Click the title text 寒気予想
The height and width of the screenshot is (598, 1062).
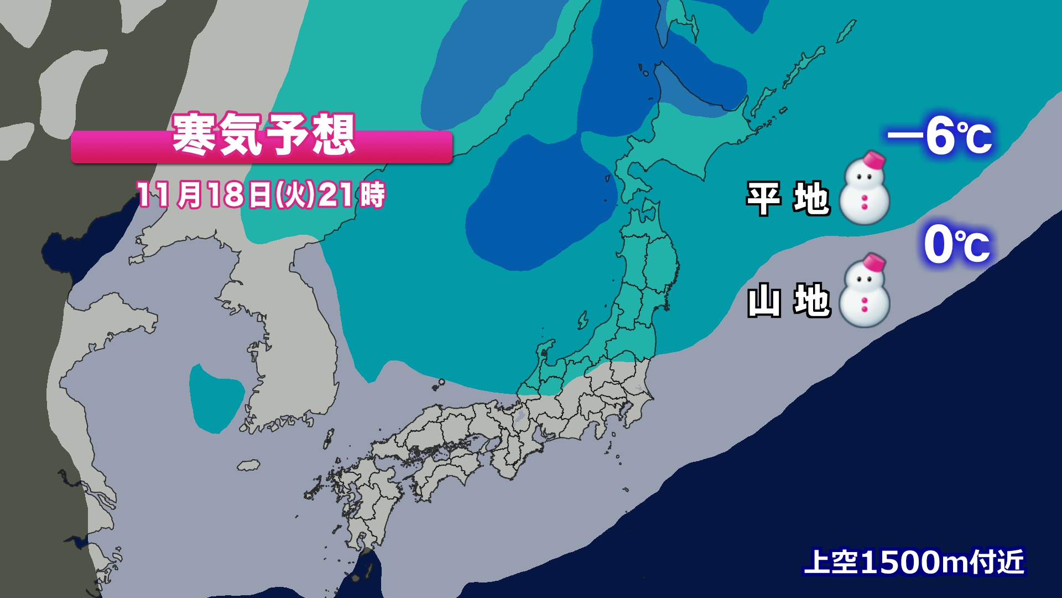point(263,135)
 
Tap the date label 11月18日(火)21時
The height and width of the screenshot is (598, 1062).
point(261,195)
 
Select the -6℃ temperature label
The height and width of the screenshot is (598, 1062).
point(940,137)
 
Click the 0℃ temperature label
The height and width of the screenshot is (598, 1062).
point(957,245)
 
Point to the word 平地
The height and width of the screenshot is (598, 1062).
point(788,198)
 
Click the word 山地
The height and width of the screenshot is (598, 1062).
point(789,301)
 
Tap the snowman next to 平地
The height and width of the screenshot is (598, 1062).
point(865,191)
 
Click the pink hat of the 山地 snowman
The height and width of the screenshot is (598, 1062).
point(874,262)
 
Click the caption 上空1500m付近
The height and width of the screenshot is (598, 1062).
point(914,561)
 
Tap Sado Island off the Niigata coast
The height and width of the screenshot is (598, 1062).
point(582,319)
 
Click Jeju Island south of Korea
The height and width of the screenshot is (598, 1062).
point(248,465)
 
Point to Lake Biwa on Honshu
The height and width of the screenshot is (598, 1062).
point(519,416)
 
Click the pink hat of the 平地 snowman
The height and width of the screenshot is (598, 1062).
point(874,159)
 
